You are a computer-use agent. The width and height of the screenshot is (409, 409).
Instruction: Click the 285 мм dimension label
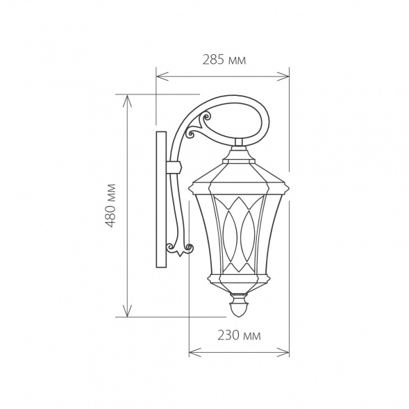pos(224,60)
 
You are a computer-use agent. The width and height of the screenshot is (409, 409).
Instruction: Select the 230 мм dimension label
pos(239,335)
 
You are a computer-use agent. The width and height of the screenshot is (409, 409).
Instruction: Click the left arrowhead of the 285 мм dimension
pos(162,76)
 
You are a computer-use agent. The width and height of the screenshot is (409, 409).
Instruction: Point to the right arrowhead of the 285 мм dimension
pos(283,76)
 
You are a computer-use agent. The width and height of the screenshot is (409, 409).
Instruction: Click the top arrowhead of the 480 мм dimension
pos(127,101)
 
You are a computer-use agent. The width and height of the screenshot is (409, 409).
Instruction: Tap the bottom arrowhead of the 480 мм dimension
pos(127,310)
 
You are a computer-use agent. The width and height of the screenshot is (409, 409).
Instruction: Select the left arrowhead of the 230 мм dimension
pos(194,352)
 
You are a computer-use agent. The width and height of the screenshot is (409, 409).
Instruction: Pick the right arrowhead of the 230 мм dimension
pos(283,352)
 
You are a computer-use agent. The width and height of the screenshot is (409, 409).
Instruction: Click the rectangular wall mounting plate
pos(161,199)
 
